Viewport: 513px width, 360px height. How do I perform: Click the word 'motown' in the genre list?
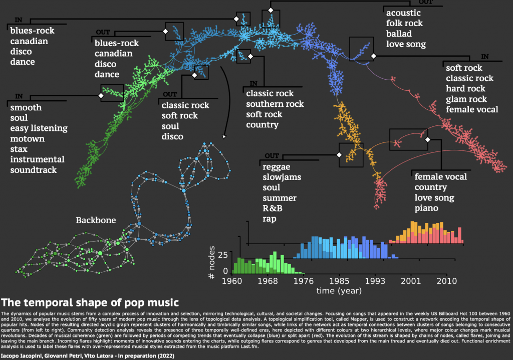coord(27,139)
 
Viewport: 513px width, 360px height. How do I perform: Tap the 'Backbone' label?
coord(96,220)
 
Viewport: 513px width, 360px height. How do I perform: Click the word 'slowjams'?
coord(280,177)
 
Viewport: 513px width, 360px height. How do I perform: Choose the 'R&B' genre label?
coord(273,208)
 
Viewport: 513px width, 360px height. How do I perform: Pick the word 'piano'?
coord(427,208)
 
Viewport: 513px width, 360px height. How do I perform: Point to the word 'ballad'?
coord(399,34)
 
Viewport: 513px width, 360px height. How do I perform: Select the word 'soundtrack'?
coord(33,170)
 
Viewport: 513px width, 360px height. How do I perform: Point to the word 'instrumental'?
coord(37,159)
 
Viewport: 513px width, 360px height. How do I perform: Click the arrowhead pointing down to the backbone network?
coord(223,136)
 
